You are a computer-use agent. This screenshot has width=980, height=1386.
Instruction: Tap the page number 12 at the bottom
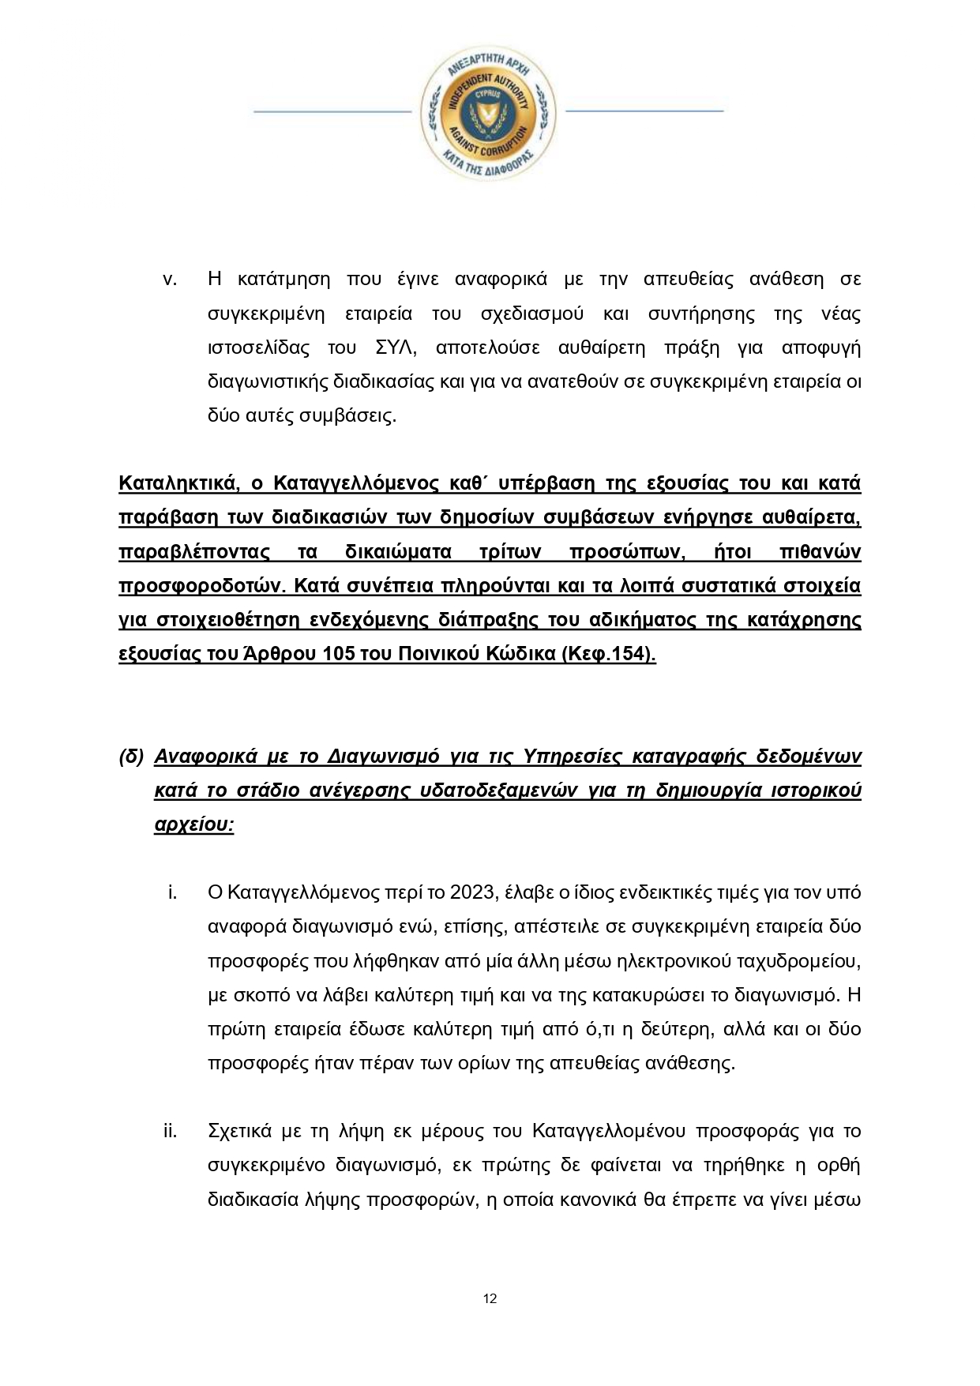(x=490, y=1298)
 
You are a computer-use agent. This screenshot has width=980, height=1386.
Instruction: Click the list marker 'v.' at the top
(x=168, y=279)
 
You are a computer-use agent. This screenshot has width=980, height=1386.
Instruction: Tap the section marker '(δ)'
(x=131, y=757)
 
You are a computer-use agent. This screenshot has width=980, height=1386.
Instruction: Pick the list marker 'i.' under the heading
(x=171, y=892)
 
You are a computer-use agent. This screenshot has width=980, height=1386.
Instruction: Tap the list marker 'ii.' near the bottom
(x=170, y=1131)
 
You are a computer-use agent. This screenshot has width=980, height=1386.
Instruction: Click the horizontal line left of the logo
(x=332, y=111)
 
